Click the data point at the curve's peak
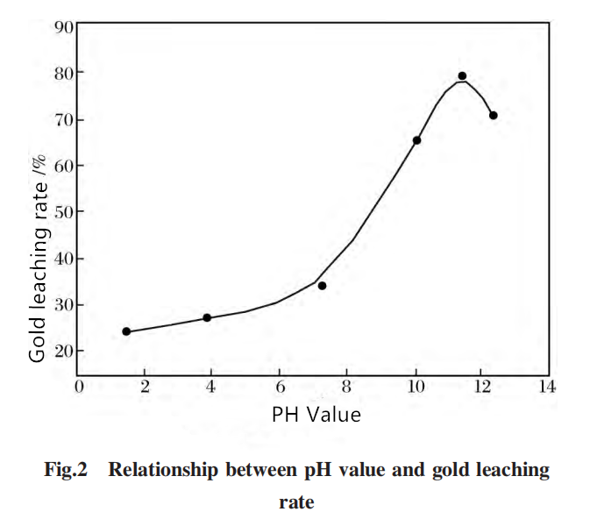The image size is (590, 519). click(462, 76)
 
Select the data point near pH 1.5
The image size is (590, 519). click(126, 331)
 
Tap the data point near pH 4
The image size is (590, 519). click(207, 317)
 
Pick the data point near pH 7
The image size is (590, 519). click(322, 286)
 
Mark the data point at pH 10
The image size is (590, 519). click(417, 140)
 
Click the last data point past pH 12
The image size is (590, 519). click(494, 115)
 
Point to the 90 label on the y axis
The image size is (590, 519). click(64, 26)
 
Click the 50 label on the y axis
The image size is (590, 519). click(64, 213)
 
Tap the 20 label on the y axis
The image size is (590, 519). click(64, 352)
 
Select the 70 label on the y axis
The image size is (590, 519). click(64, 120)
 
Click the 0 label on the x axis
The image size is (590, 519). click(79, 387)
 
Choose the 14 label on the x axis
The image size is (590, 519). click(547, 387)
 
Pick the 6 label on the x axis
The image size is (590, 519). click(281, 387)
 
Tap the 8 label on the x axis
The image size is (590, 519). click(346, 387)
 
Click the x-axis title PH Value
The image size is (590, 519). click(316, 415)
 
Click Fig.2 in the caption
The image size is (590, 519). click(66, 470)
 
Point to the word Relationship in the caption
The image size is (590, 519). click(163, 470)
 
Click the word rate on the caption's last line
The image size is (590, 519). click(296, 503)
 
